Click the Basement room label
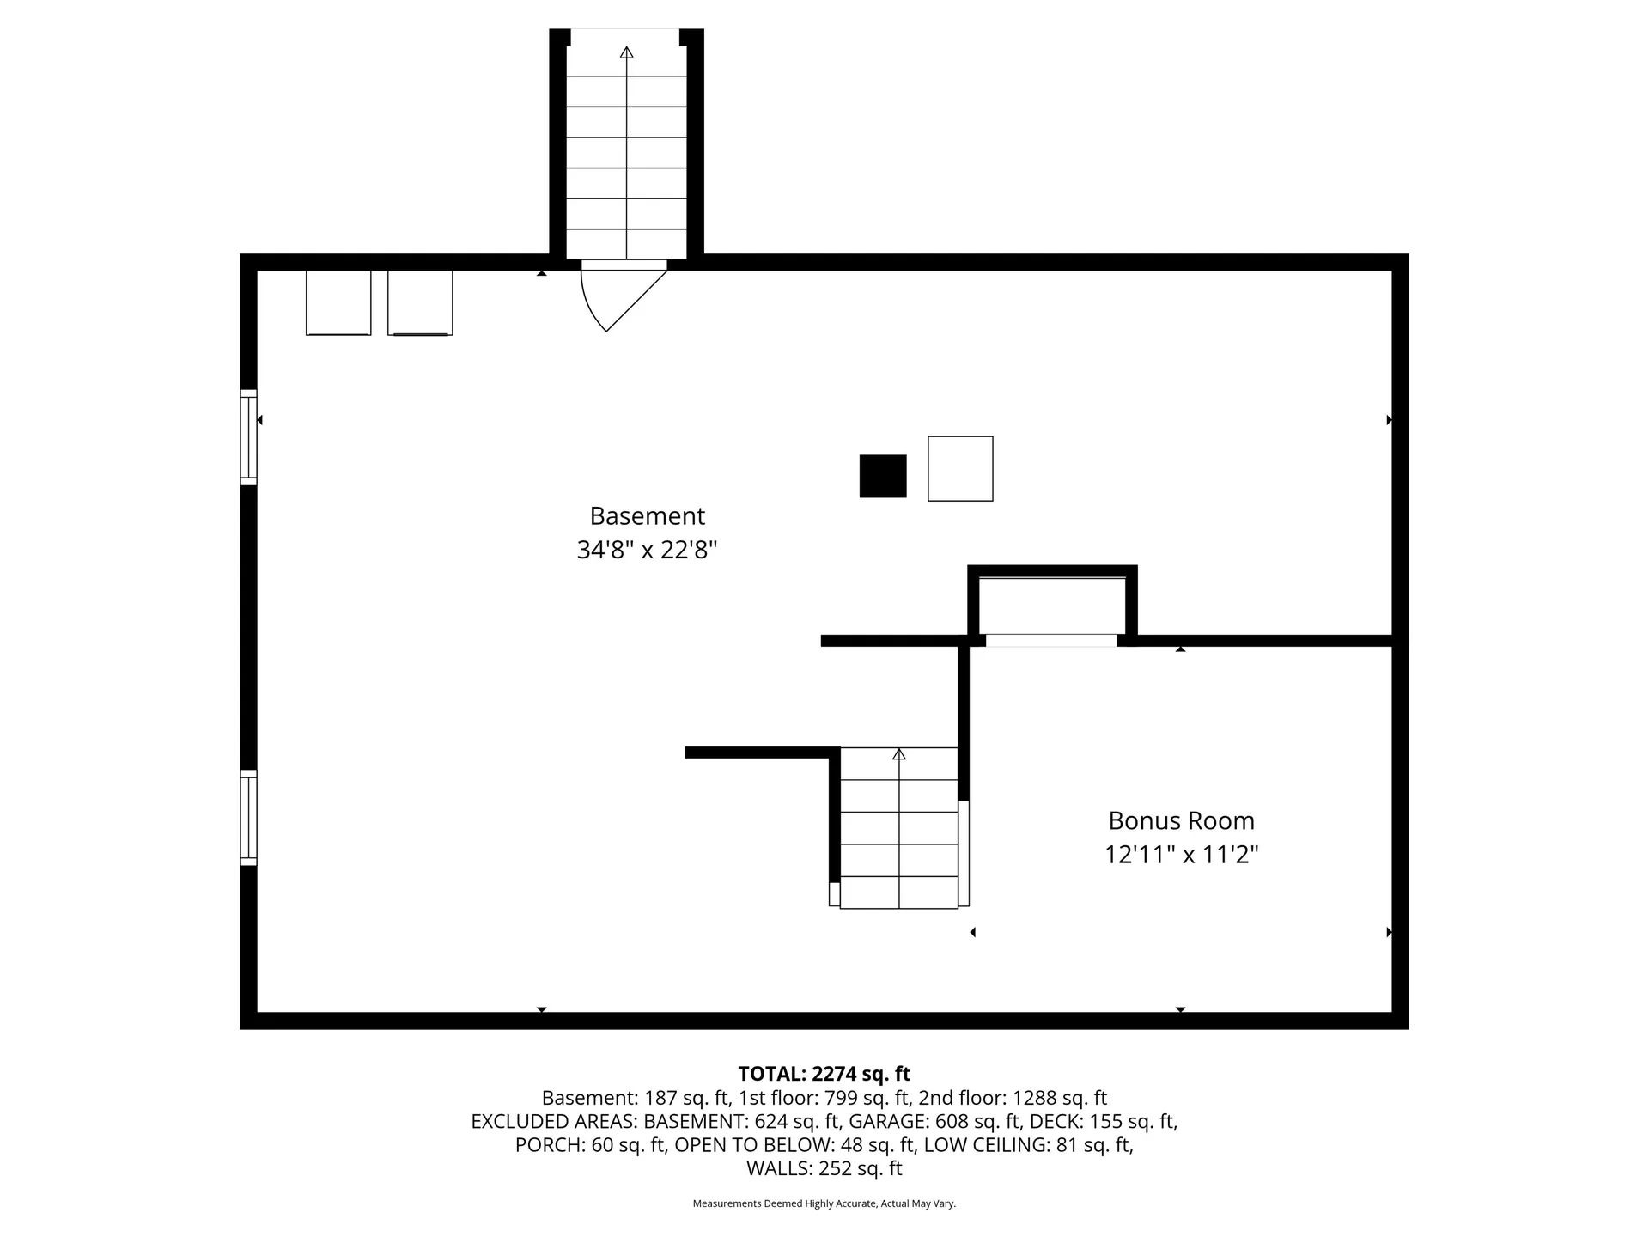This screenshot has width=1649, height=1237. coord(647,516)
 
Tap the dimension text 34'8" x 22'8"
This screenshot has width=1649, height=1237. coord(647,550)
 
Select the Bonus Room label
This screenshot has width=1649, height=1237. coord(1181,821)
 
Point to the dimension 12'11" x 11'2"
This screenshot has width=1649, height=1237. coord(1181,855)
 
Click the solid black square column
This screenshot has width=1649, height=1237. coord(883,476)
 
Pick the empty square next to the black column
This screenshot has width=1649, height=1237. coord(960,468)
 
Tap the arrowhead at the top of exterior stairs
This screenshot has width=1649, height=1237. coord(627,52)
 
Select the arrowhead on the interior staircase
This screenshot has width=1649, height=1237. coord(899,754)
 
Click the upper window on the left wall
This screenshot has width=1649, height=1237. coord(248,437)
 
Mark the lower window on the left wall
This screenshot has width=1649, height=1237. coord(248,817)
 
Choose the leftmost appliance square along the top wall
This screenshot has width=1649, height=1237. coord(338,302)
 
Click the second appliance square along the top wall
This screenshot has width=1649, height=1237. coord(420,302)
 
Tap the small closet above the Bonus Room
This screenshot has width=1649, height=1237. coord(1052,606)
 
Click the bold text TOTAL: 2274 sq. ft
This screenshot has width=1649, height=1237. coord(824,1074)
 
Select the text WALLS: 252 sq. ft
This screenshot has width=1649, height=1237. coord(824,1168)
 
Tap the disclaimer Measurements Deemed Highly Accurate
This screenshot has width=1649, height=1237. coord(824,1203)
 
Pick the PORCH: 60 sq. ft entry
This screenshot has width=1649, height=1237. coord(591,1145)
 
